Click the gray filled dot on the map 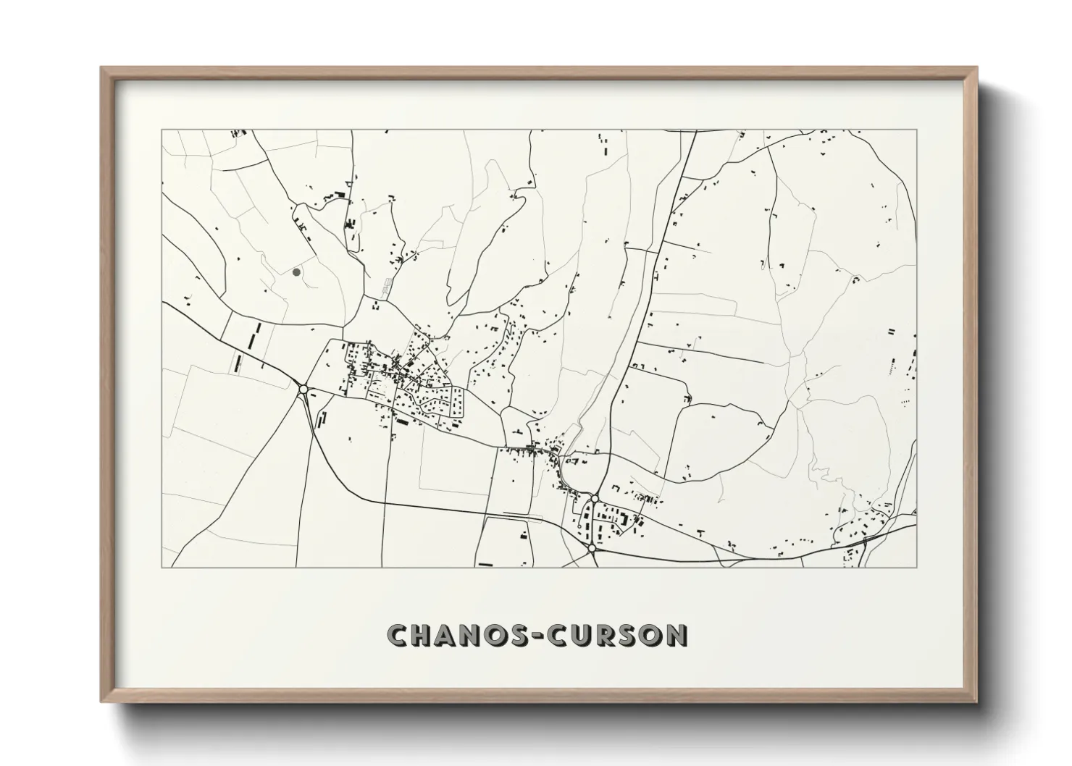[296, 272]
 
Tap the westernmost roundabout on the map [303, 390]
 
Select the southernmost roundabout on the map [592, 549]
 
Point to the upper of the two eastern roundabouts [594, 498]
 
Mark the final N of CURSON [676, 635]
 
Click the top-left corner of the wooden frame [101, 67]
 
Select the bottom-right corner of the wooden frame [977, 703]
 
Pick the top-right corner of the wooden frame [977, 67]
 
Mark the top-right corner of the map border [917, 130]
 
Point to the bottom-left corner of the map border [162, 568]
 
